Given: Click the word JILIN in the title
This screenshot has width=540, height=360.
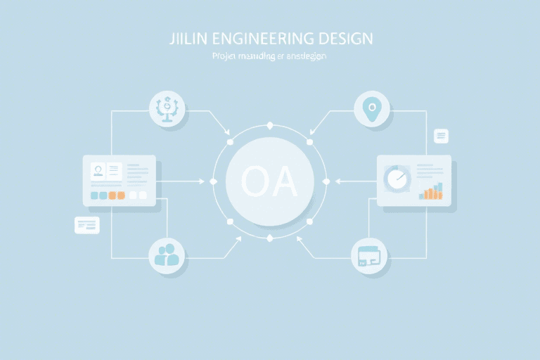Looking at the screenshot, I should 184,38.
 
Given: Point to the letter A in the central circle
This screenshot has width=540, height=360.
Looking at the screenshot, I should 283,182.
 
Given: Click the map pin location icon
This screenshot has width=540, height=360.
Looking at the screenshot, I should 371,109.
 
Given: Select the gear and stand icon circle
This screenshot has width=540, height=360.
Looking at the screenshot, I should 167,109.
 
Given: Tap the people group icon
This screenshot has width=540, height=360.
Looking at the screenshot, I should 167,255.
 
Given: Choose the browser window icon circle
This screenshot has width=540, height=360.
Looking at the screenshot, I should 368,255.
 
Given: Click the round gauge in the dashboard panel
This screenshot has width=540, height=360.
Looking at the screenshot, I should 397,179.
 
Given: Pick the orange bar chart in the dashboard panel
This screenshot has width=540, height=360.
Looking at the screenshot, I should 431,191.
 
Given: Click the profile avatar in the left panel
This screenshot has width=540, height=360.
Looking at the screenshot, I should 98,170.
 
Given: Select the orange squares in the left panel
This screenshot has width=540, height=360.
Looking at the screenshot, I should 117,195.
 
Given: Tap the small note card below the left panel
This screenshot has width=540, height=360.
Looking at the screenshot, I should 87,225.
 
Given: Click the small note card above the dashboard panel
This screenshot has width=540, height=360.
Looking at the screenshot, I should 442,136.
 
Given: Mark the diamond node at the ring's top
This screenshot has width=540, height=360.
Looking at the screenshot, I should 269,125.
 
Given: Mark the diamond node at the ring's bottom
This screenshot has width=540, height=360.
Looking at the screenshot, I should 269,238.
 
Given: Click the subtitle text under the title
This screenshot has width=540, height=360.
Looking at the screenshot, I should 269,56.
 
